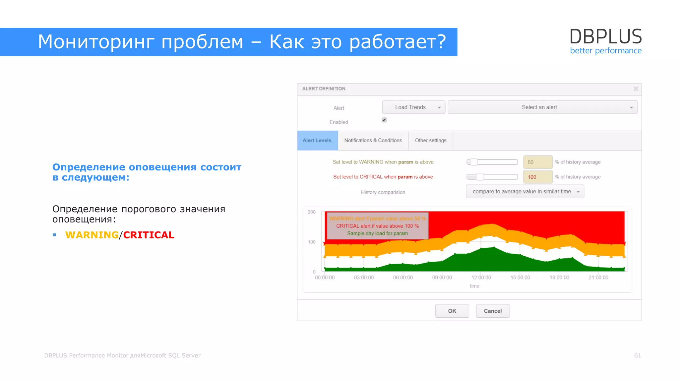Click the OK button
pyautogui.click(x=452, y=311)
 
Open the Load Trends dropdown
pyautogui.click(x=413, y=107)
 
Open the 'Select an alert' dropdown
pyautogui.click(x=542, y=107)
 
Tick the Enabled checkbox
pyautogui.click(x=384, y=120)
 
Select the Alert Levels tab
pyautogui.click(x=317, y=141)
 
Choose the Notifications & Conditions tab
pyautogui.click(x=373, y=141)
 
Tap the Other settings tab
pyautogui.click(x=431, y=141)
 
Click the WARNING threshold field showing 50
pyautogui.click(x=537, y=162)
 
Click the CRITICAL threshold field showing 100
pyautogui.click(x=537, y=177)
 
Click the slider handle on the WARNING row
pyautogui.click(x=474, y=162)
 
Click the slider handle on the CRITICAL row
pyautogui.click(x=480, y=177)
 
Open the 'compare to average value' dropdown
pyautogui.click(x=525, y=192)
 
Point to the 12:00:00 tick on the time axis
pyautogui.click(x=481, y=278)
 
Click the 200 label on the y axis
pyautogui.click(x=311, y=212)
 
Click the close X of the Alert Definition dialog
pyautogui.click(x=636, y=89)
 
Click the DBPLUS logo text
pyautogui.click(x=605, y=36)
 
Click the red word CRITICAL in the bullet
pyautogui.click(x=149, y=235)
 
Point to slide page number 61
pyautogui.click(x=637, y=355)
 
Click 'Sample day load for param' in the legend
pyautogui.click(x=377, y=233)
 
